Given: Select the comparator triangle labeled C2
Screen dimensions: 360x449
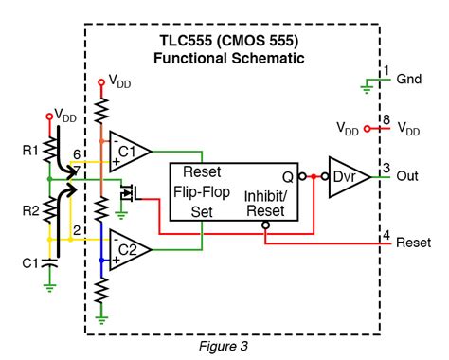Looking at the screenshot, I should coord(130,249).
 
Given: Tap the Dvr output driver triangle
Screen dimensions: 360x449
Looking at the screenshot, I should coord(346,176).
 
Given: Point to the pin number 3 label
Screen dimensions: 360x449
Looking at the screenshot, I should coord(386,168).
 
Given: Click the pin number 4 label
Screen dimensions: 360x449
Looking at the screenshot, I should coord(386,233).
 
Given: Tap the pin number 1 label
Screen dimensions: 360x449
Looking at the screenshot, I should coord(386,70).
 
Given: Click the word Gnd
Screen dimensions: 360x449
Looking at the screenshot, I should coord(410,80).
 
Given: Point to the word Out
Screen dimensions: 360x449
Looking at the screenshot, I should coord(408,176).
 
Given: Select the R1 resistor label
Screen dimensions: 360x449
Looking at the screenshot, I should coord(30,150).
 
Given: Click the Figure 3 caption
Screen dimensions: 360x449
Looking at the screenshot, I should coord(224,347).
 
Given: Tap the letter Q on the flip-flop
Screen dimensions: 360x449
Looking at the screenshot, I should coord(286,175).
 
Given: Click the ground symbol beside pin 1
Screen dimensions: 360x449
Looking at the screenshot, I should coord(365,88).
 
